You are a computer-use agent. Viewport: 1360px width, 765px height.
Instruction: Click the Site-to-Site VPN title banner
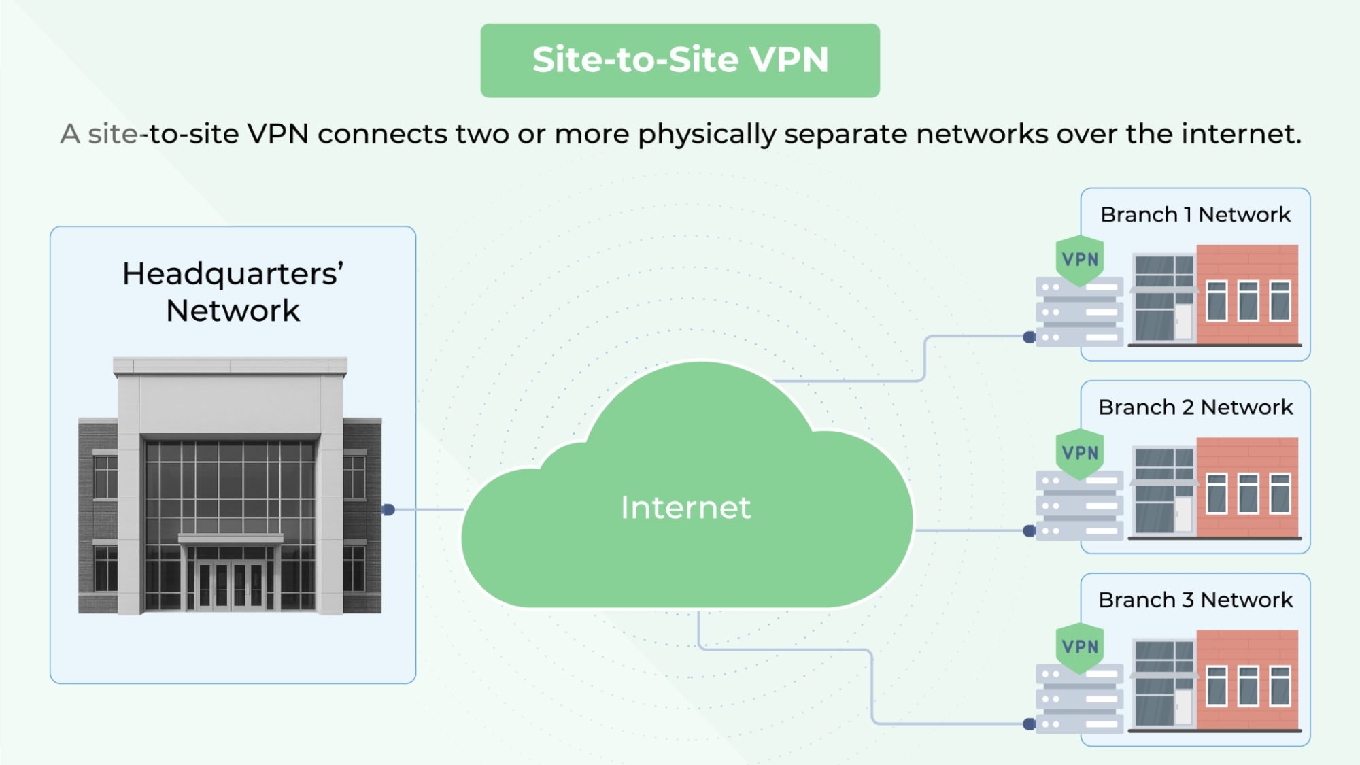coord(680,61)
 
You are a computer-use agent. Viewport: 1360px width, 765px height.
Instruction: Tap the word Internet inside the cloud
coord(685,508)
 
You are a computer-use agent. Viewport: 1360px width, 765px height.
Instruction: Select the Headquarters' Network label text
coord(233,292)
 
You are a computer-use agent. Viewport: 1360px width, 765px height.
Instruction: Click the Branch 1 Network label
coord(1195,215)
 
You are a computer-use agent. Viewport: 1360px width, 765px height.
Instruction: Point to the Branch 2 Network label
coord(1195,407)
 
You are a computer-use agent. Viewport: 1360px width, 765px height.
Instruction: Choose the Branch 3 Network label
coord(1195,600)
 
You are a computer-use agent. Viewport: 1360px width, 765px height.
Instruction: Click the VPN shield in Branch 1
coord(1080,260)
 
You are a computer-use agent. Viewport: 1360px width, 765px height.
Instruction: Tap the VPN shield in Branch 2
coord(1080,453)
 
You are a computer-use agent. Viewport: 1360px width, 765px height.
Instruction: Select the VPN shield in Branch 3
coord(1080,647)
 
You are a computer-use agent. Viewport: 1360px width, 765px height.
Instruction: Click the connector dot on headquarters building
coord(388,509)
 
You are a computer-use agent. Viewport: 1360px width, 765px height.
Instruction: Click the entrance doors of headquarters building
coord(230,585)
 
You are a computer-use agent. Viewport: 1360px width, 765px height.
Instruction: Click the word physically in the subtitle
coord(707,135)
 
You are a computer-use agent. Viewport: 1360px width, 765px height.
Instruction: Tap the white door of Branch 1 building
coord(1183,321)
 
